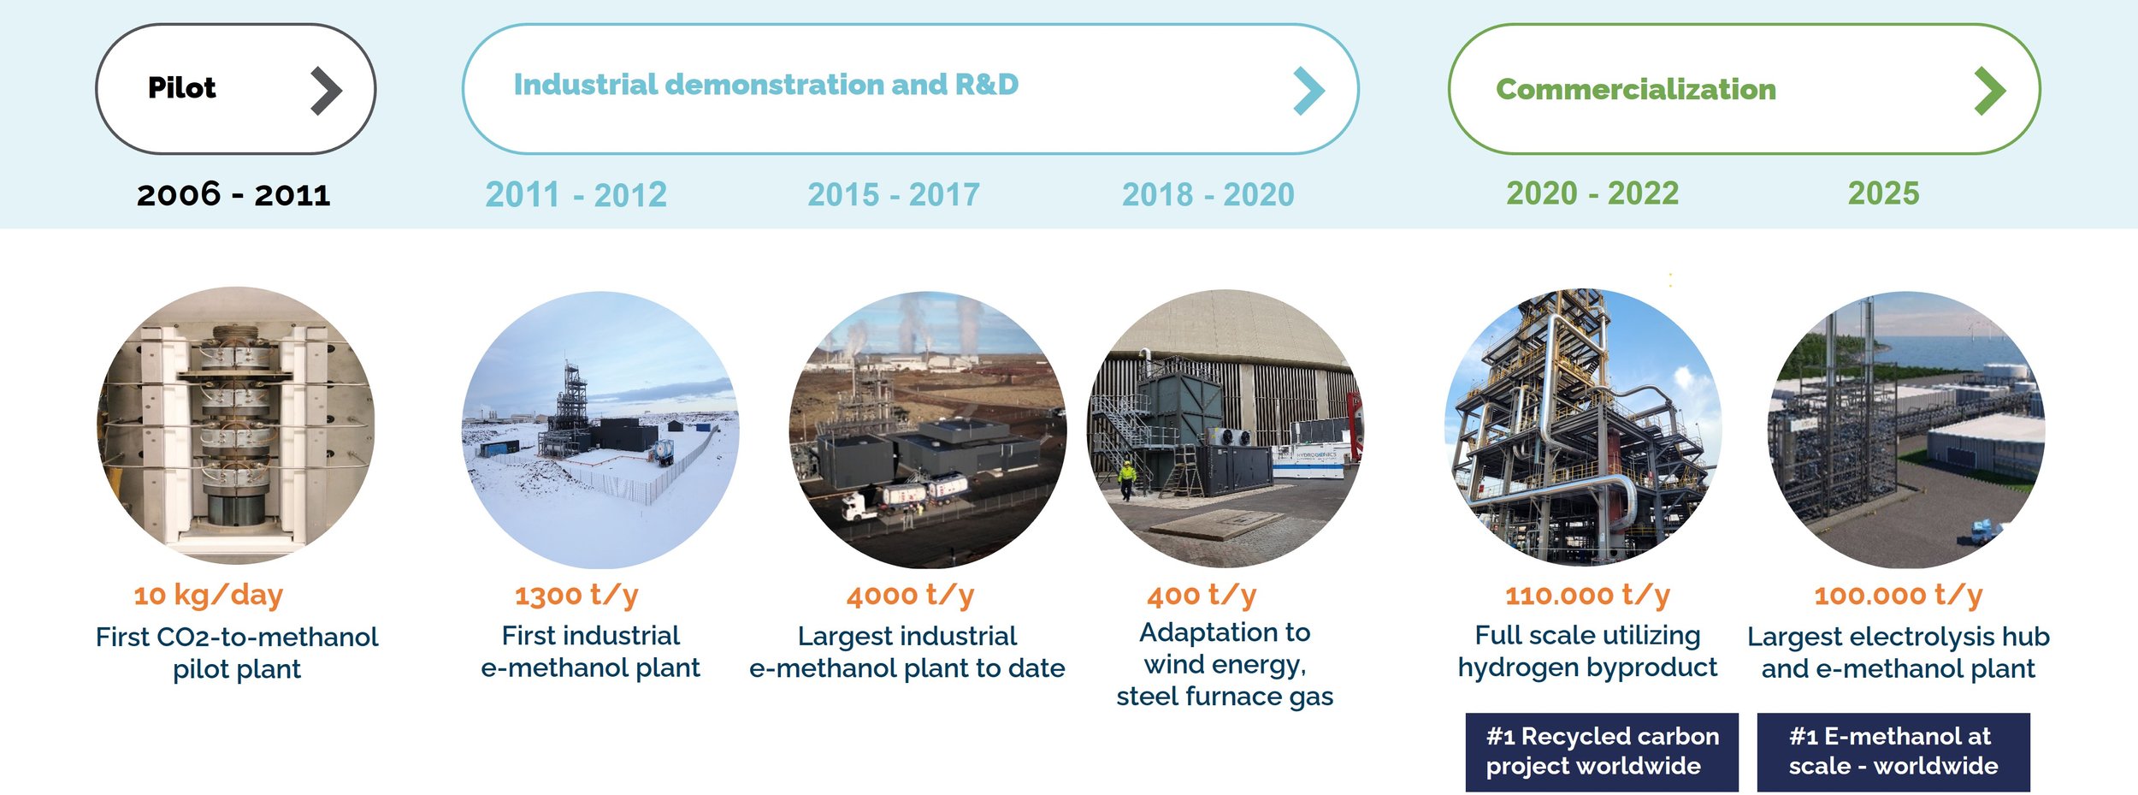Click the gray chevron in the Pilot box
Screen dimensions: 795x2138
[326, 91]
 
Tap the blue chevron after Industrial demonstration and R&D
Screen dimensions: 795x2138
[1308, 91]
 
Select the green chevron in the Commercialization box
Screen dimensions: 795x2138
[1990, 91]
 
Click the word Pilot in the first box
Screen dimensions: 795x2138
[181, 88]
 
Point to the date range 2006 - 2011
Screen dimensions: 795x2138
[233, 195]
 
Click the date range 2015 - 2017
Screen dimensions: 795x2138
[894, 195]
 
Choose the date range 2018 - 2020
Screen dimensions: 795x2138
[1208, 195]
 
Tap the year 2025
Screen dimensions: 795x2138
[1883, 193]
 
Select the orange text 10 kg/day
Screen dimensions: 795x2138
[208, 595]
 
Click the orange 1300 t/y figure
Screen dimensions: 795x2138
[576, 595]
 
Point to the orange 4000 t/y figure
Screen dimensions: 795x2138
[910, 595]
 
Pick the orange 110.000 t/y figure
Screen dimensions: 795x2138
[1587, 595]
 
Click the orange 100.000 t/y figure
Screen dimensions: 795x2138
[1899, 595]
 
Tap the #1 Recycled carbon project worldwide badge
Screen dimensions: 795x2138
[1601, 751]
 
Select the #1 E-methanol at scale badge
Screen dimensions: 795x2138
[1893, 751]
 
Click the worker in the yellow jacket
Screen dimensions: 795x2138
[1128, 479]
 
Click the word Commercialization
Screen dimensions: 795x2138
[1636, 90]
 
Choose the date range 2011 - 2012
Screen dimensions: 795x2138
[576, 195]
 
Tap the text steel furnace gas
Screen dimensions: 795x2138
[1225, 697]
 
